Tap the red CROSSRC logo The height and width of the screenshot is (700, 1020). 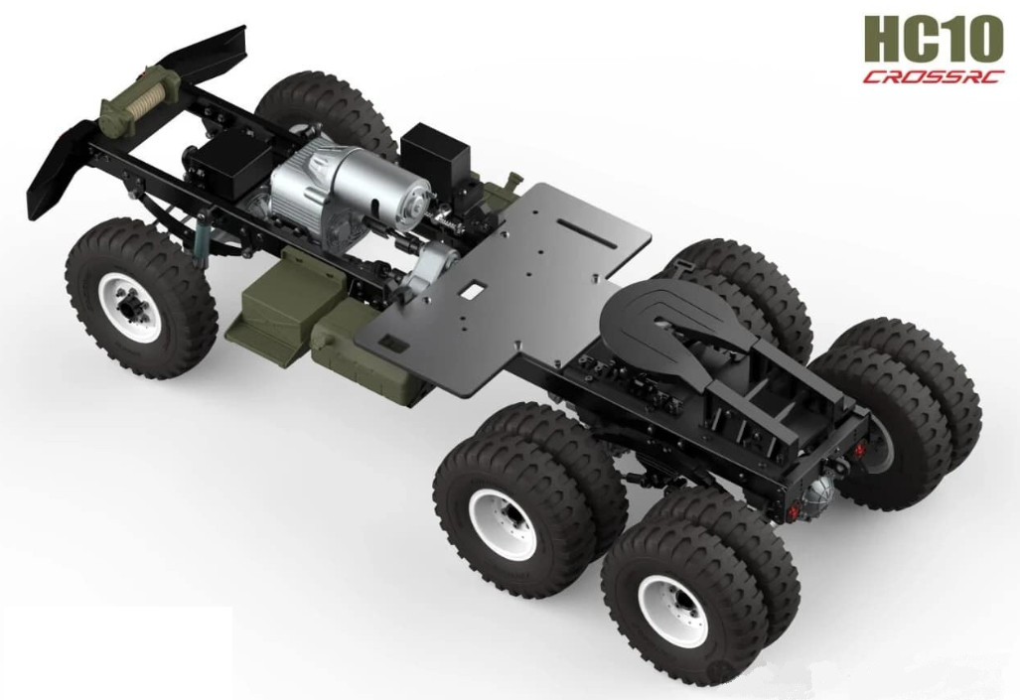point(933,77)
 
